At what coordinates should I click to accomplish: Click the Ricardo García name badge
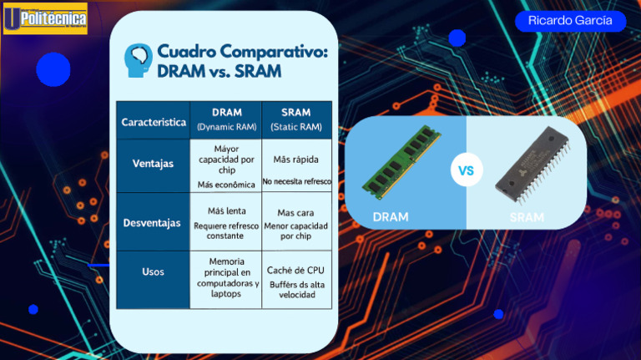pyautogui.click(x=570, y=21)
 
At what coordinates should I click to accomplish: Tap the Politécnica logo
pyautogui.click(x=45, y=18)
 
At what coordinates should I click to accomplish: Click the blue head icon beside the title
pyautogui.click(x=139, y=60)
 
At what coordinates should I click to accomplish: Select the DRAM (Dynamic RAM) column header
pyautogui.click(x=225, y=119)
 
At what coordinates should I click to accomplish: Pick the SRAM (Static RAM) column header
pyautogui.click(x=296, y=119)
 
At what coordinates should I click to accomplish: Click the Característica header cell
pyautogui.click(x=154, y=122)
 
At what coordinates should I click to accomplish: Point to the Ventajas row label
pyautogui.click(x=154, y=164)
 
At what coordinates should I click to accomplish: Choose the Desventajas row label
pyautogui.click(x=154, y=223)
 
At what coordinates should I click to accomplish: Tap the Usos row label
pyautogui.click(x=154, y=272)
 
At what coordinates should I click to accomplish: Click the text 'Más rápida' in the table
pyautogui.click(x=296, y=160)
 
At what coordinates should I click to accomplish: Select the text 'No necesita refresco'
pyautogui.click(x=296, y=181)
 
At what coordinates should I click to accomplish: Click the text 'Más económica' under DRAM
pyautogui.click(x=225, y=185)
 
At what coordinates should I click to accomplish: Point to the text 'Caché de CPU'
pyautogui.click(x=296, y=271)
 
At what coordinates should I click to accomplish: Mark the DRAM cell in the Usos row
pyautogui.click(x=225, y=278)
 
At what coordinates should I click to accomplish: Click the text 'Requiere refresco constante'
pyautogui.click(x=225, y=231)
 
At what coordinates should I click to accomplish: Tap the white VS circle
pyautogui.click(x=466, y=171)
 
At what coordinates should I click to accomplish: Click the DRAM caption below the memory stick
pyautogui.click(x=391, y=217)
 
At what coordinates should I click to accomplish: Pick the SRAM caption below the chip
pyautogui.click(x=527, y=218)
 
